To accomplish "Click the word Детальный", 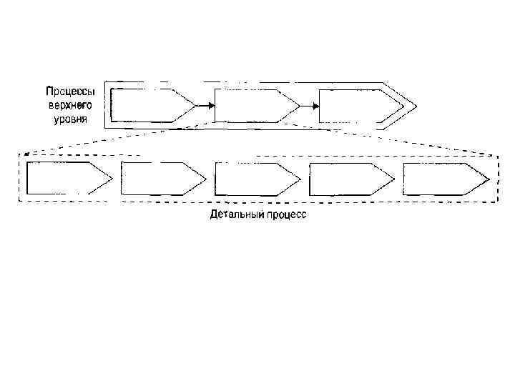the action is pos(233,214).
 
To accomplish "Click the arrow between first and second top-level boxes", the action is pos(205,107).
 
